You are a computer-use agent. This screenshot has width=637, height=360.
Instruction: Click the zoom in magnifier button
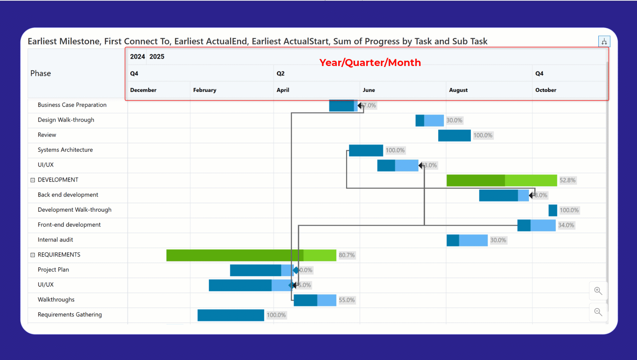point(598,291)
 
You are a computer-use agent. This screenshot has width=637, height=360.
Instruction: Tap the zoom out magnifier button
point(598,312)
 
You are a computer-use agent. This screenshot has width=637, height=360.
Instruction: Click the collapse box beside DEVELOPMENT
point(33,180)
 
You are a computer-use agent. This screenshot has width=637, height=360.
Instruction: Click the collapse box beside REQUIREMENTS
point(33,255)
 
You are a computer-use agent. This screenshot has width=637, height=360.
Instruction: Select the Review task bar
point(454,135)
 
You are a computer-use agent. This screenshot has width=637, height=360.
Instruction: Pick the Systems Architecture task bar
point(366,150)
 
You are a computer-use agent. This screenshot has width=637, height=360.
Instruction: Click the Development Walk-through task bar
point(553,210)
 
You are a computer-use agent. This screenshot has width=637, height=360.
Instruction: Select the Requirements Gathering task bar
point(230,315)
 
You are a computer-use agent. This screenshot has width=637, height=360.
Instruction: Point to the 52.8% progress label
point(567,180)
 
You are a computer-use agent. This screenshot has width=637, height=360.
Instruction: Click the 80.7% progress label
point(347,255)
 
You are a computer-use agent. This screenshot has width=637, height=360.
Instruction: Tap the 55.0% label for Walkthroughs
point(347,300)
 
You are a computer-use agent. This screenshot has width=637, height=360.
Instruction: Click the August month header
point(458,90)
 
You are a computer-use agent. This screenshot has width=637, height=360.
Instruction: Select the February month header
point(204,90)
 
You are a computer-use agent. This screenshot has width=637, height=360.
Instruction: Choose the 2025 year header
point(157,57)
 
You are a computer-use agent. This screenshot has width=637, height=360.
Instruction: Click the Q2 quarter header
point(280,73)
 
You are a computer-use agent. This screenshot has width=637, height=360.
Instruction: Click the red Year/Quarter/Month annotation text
point(370,63)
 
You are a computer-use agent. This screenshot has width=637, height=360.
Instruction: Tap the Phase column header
point(41,73)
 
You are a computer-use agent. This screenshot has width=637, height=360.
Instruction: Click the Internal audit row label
point(55,240)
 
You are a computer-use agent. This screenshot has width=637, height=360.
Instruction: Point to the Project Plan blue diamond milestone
point(296,270)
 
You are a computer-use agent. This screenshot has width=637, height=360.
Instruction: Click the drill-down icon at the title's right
point(604,41)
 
